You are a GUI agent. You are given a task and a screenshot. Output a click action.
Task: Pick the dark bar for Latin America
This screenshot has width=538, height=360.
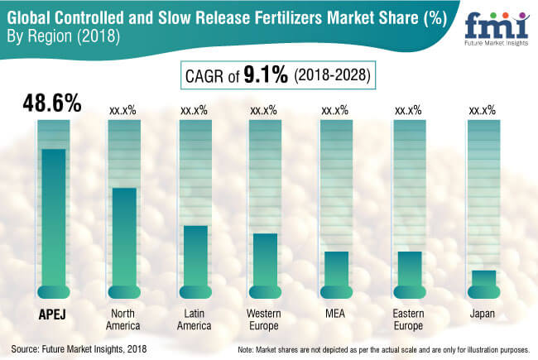tap(195, 257)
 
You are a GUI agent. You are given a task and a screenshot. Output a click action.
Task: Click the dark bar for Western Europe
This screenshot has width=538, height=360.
tap(266, 261)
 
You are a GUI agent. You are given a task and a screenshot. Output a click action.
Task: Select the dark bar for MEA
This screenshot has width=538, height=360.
tap(336, 270)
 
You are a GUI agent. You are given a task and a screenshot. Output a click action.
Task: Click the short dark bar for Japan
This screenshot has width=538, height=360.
tap(483, 280)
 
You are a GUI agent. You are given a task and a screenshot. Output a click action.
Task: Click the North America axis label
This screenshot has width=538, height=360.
tap(124, 319)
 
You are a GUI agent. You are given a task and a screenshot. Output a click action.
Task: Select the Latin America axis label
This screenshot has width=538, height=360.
tap(195, 319)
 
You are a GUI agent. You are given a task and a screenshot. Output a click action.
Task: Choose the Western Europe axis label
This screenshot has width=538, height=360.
tap(266, 319)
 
